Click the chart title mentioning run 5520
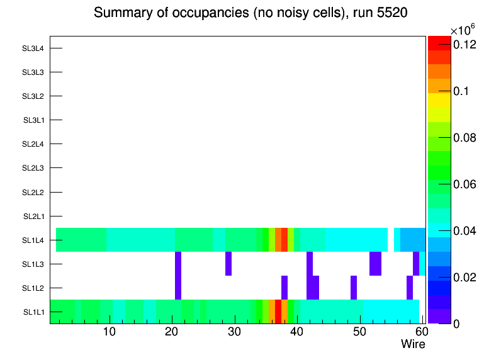click(251, 13)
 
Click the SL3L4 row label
click(33, 48)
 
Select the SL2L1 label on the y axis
click(33, 217)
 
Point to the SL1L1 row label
click(33, 312)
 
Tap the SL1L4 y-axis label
click(33, 240)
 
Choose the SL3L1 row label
click(33, 120)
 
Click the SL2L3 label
click(33, 168)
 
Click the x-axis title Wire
click(413, 344)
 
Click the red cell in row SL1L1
click(278, 312)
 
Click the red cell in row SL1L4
click(284, 240)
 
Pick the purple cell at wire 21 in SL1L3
click(178, 264)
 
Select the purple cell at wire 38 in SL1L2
click(284, 288)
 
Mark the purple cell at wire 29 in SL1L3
click(228, 264)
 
